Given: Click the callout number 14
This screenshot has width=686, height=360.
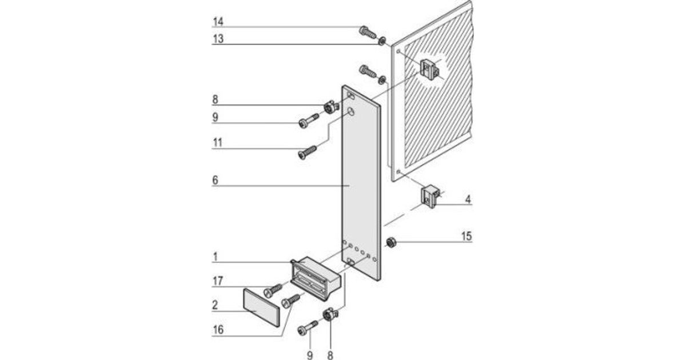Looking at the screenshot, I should [x=217, y=22].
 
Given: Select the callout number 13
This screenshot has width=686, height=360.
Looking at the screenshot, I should [x=217, y=39].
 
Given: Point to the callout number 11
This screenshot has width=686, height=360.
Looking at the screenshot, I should [x=217, y=143].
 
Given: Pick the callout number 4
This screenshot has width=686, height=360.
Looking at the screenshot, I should [x=468, y=200].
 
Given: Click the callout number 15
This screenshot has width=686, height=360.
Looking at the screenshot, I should [x=467, y=236].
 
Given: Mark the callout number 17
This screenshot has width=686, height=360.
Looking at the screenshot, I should [x=217, y=281].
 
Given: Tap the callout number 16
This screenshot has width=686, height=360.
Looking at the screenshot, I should [x=217, y=330].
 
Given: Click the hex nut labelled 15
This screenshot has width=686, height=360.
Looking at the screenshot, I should [x=391, y=242].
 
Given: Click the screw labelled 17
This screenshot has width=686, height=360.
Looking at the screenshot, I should [x=273, y=290].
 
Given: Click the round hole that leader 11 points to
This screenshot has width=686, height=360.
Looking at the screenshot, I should [x=353, y=113].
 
